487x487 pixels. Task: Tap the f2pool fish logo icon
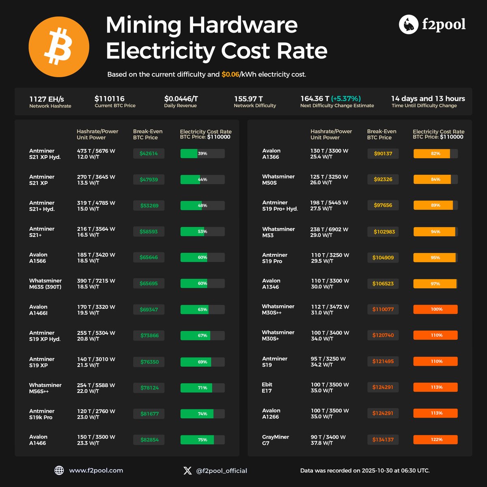point(408,25)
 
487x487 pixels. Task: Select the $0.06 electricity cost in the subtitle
point(230,75)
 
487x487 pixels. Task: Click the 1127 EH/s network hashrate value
point(46,99)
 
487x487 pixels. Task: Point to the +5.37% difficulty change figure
point(346,99)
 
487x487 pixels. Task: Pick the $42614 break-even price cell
point(149,153)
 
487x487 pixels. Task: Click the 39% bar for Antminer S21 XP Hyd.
point(203,153)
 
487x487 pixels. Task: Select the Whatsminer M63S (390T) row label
point(45,284)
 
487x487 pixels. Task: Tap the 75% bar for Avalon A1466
point(203,440)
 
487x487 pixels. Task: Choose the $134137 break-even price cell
point(383,440)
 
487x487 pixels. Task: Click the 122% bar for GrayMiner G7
point(435,440)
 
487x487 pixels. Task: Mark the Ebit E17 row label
point(267,388)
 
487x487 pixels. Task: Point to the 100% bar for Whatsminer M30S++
point(435,309)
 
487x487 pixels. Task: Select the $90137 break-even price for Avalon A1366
point(383,153)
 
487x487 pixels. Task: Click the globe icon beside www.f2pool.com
point(59,470)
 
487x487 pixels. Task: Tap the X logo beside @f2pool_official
point(187,471)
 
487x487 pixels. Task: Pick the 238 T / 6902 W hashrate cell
point(329,229)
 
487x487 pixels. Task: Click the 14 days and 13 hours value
point(428,99)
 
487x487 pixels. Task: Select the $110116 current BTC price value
point(110,99)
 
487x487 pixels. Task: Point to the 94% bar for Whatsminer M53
point(435,232)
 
